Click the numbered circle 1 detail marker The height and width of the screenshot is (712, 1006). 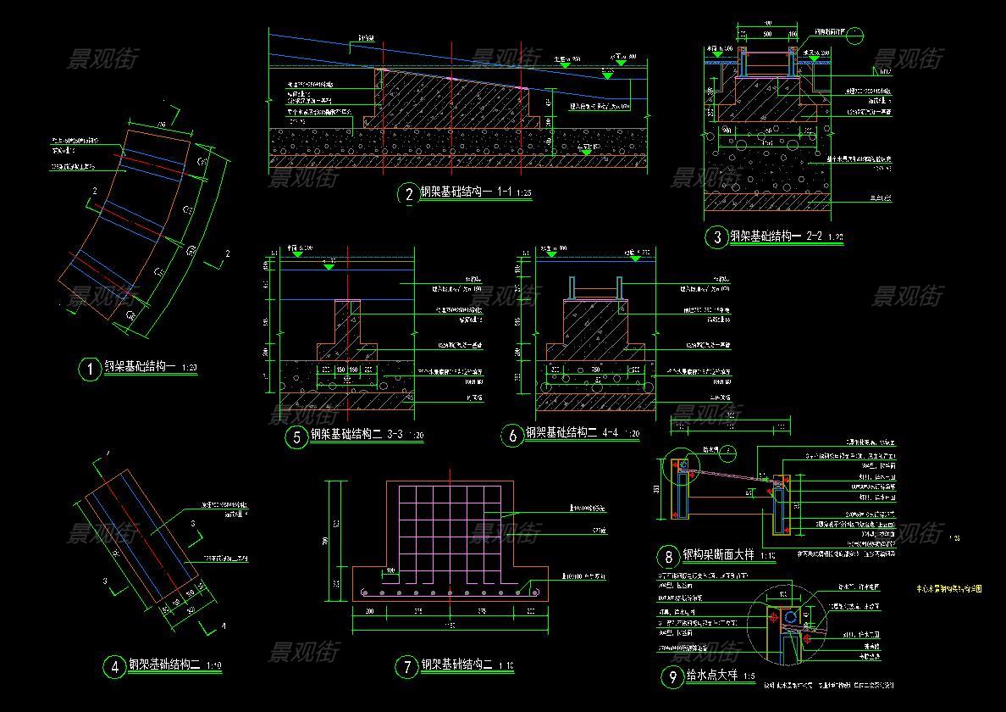89,370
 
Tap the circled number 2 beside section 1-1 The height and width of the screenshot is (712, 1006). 409,194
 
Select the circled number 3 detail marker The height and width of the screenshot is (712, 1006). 717,237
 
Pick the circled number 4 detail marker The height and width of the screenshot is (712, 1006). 113,667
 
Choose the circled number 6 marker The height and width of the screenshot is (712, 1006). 512,437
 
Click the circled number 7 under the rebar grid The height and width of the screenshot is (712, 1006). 407,667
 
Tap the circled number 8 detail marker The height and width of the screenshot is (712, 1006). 669,557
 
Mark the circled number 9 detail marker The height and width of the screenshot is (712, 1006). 672,676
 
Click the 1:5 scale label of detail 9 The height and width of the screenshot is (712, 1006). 749,677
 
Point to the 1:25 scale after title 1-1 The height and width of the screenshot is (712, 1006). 524,193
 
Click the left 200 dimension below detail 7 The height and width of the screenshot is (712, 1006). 369,610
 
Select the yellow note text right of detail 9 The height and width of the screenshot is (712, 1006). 949,588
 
